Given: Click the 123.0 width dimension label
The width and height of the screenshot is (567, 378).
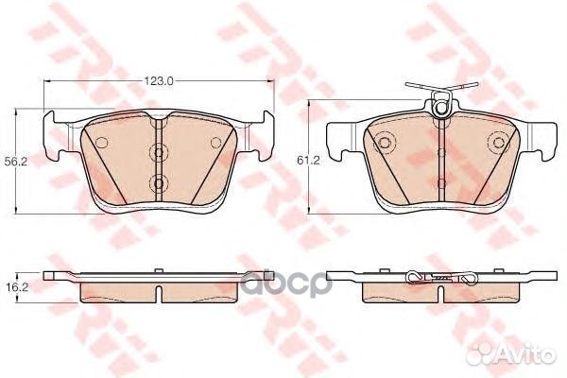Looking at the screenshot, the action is coord(159,81).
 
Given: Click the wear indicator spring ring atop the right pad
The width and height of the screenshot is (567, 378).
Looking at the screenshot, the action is coord(440,108).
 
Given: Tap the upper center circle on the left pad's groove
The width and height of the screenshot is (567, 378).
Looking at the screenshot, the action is coord(159,152).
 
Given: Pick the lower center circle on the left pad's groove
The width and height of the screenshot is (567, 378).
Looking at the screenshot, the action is coord(159,182).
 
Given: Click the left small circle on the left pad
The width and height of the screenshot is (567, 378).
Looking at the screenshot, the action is coord(102,143).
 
